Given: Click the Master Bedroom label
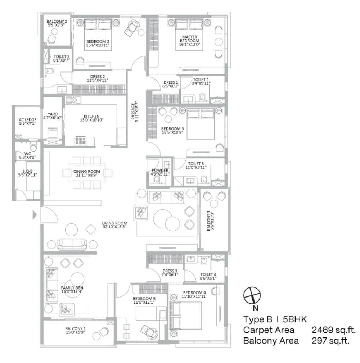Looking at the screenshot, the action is click(x=189, y=41).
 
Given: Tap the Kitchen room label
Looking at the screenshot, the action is click(x=92, y=118).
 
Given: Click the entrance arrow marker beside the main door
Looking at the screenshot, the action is click(x=35, y=215).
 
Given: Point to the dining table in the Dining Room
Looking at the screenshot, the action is click(x=87, y=173).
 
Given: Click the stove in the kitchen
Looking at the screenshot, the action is click(x=80, y=141).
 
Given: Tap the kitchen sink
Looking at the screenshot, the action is click(x=73, y=100).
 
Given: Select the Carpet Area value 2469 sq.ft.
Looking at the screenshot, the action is click(x=334, y=330).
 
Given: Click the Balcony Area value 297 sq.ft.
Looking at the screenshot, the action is click(x=330, y=341).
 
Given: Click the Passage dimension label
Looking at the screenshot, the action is click(x=135, y=112).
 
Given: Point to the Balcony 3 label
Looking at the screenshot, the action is click(x=210, y=221).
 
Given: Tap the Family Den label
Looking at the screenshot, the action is click(x=72, y=290).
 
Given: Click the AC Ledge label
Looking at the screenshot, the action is click(x=28, y=122).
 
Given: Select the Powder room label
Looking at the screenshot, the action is click(x=160, y=172).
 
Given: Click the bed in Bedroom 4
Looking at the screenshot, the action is click(x=185, y=316).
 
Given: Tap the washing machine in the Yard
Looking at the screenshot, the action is click(x=52, y=133).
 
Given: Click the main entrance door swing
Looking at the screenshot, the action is click(x=49, y=215).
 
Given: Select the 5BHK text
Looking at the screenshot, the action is click(x=295, y=319).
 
